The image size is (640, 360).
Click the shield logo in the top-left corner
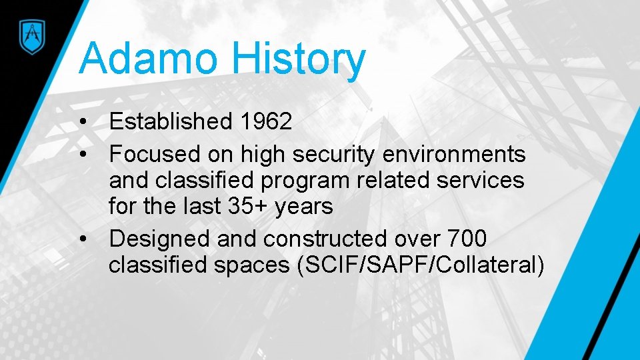click(x=30, y=34)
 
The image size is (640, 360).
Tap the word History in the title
click(x=299, y=58)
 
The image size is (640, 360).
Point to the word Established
click(x=171, y=121)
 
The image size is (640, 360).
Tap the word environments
click(x=454, y=155)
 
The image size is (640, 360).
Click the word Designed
click(x=157, y=238)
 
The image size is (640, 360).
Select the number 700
click(x=467, y=238)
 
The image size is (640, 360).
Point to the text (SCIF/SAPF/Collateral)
click(x=421, y=265)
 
